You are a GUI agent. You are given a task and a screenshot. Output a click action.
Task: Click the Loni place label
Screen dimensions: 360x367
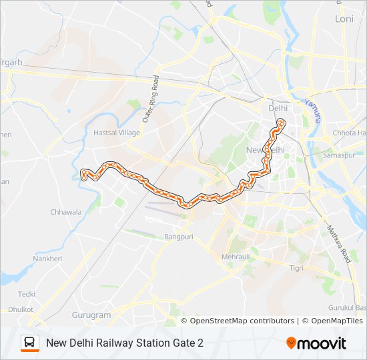point(344,19)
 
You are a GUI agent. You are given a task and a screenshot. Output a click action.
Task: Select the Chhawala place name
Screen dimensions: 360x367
point(66,212)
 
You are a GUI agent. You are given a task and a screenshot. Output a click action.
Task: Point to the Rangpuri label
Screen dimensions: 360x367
point(178,237)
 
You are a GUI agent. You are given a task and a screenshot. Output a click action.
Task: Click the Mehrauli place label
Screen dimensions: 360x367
point(236,256)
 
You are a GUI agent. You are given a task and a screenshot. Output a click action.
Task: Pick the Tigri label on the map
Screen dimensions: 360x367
point(296,267)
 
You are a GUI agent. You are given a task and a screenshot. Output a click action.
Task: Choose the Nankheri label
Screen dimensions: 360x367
point(47,259)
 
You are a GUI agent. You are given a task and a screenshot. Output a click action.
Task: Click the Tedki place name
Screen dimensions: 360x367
point(27,294)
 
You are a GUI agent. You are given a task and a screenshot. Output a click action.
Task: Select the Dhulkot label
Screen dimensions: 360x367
point(21,309)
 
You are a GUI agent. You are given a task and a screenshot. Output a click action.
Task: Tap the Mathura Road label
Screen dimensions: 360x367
point(338,243)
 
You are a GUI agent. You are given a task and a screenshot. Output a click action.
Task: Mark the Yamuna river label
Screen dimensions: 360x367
point(312,109)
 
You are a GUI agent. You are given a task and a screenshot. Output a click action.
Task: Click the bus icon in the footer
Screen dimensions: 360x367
point(29,343)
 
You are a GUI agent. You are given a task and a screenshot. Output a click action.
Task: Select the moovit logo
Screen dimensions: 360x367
point(316,343)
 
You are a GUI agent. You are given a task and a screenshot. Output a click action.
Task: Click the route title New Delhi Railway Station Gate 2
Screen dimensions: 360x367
point(125,343)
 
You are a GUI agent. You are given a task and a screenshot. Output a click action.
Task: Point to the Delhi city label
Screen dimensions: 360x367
point(277,107)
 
